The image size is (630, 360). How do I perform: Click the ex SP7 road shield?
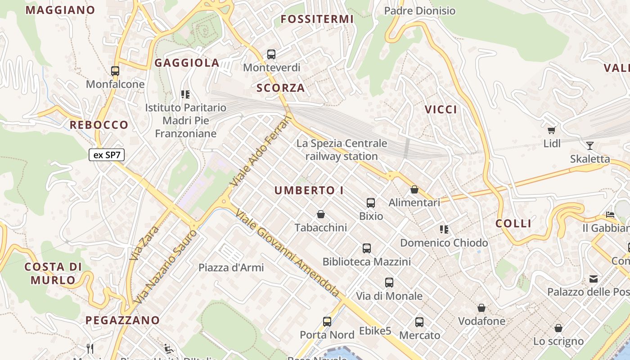[107, 155]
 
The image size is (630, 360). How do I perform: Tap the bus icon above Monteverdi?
[271, 54]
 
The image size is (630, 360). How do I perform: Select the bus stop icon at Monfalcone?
[115, 71]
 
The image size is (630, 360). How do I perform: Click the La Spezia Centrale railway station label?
[342, 150]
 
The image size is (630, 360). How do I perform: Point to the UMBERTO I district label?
[309, 190]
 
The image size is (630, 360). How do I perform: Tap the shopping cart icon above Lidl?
[552, 130]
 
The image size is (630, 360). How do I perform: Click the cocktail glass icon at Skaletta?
[590, 145]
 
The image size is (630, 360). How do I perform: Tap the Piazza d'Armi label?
[231, 267]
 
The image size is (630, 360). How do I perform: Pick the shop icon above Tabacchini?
[321, 214]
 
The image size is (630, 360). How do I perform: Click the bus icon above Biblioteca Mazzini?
[367, 248]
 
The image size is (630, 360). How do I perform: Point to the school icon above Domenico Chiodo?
[445, 229]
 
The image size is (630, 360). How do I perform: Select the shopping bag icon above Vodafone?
[481, 308]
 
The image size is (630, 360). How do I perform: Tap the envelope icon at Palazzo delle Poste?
[594, 279]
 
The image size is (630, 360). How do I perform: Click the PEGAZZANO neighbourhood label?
[122, 320]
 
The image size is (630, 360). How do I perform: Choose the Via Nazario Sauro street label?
[166, 266]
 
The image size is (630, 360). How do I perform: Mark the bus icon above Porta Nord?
[327, 322]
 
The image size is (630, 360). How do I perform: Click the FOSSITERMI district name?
[317, 19]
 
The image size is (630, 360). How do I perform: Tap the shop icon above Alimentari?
[414, 189]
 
